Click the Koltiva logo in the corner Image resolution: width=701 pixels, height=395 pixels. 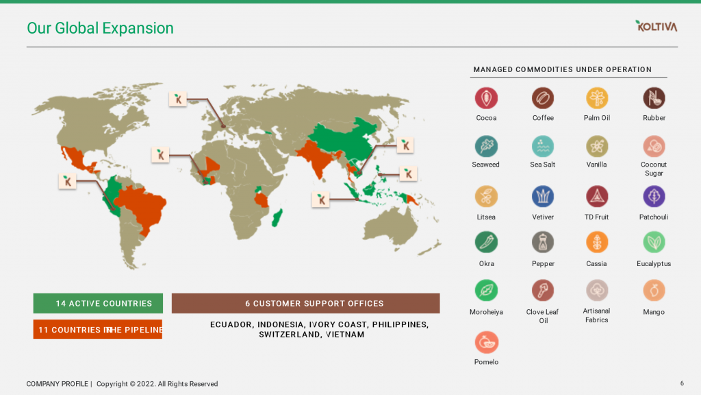coord(657,26)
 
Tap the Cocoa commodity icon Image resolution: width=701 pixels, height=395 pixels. coord(486,98)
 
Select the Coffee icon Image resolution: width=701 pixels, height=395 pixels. coord(543,98)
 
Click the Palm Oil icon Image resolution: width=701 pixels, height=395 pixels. coord(597,98)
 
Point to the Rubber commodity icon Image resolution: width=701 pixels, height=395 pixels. coord(654,98)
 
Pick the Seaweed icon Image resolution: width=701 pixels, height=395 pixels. coord(486,146)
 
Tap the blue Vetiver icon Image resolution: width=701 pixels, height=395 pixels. coord(543,196)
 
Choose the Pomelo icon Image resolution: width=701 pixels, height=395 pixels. coord(487,342)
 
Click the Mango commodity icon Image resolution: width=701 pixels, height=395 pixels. coord(654,290)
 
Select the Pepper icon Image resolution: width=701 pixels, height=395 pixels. coord(543,242)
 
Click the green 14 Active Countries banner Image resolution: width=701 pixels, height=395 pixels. coord(98,303)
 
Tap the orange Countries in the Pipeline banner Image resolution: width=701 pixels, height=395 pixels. coord(97,329)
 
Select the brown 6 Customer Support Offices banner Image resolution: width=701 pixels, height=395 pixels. coord(306,303)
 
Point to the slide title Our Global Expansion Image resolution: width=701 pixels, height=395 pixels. coord(100,28)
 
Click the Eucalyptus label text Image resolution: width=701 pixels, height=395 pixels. coord(654,264)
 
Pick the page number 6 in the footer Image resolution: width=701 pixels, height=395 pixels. coord(682,383)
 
